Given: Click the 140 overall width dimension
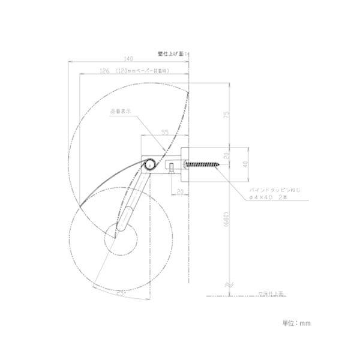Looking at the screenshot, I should [x=128, y=58].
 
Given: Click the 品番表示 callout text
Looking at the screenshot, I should [x=119, y=111].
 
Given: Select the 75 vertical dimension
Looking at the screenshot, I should [x=227, y=116].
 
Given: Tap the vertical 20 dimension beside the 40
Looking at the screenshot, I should [x=227, y=155].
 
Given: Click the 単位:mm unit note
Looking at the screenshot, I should [x=296, y=323].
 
